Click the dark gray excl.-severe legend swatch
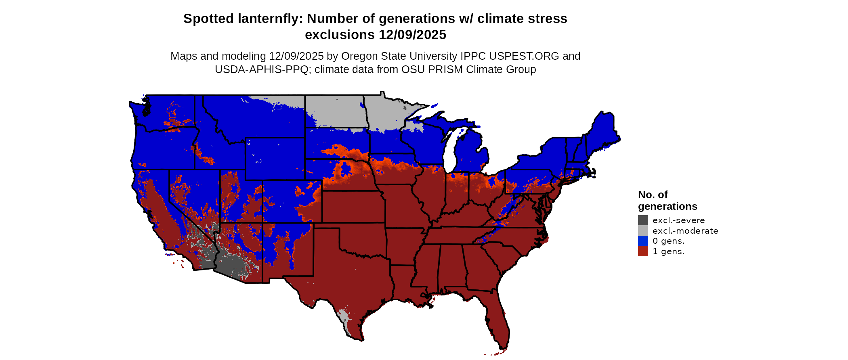[643, 220]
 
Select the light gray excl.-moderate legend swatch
[643, 230]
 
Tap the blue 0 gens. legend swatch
[643, 241]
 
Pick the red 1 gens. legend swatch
[643, 251]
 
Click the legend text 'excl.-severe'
[678, 220]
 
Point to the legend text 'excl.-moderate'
[685, 231]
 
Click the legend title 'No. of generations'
[667, 201]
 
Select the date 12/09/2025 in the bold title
[412, 35]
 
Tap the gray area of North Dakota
[335, 109]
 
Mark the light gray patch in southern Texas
[344, 317]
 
